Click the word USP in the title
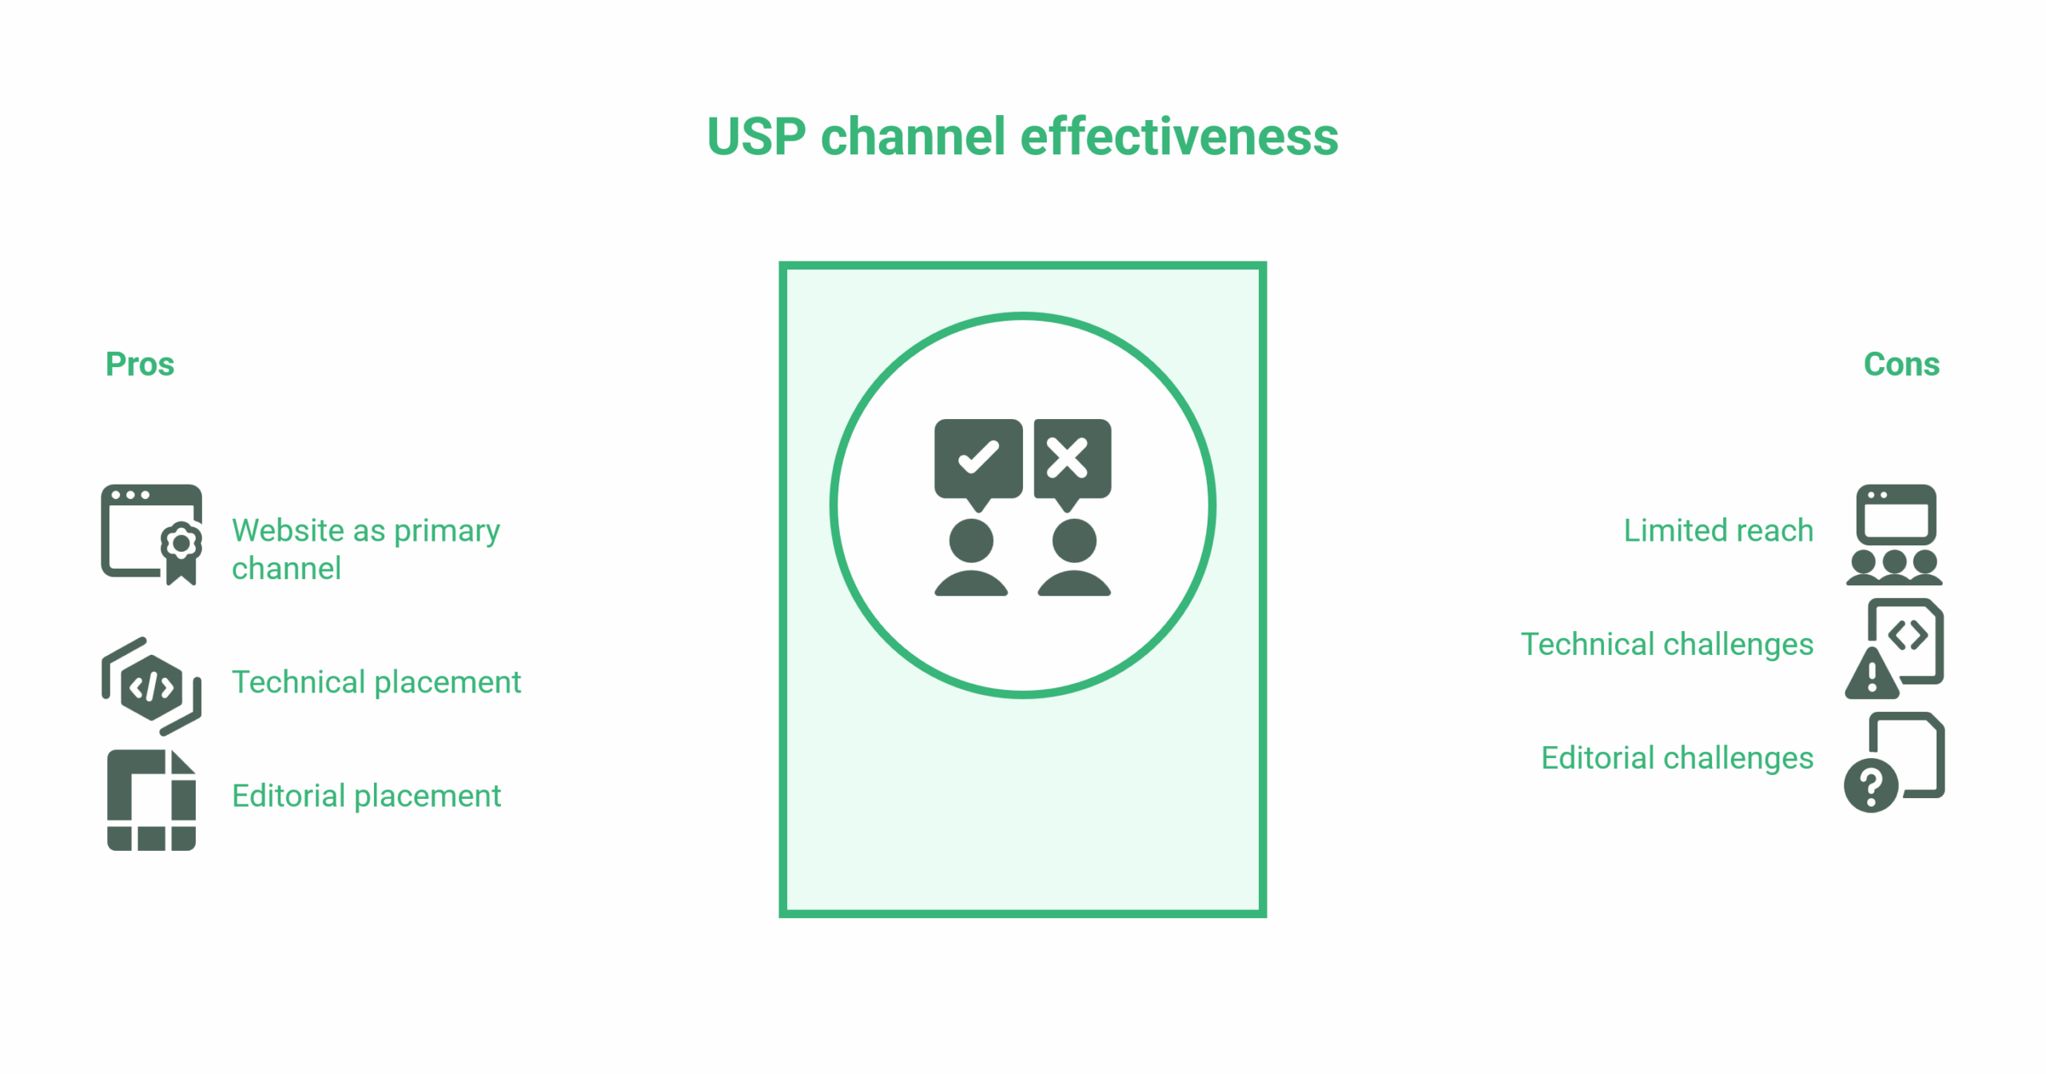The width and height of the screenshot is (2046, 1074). tap(756, 137)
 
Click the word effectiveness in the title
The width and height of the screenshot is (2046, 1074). tap(1179, 137)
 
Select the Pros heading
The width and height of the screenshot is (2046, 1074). tap(140, 365)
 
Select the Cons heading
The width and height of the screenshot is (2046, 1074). tap(1901, 365)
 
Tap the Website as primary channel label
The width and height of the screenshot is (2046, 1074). tap(365, 549)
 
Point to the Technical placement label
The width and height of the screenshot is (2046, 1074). tap(376, 682)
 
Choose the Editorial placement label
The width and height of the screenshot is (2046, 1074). tap(366, 796)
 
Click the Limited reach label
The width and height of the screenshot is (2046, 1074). tap(1718, 530)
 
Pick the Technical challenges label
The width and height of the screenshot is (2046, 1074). tap(1666, 644)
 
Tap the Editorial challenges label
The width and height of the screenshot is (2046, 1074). tap(1677, 757)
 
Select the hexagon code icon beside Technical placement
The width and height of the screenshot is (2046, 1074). tap(151, 686)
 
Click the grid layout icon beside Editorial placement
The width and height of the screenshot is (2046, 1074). tap(151, 800)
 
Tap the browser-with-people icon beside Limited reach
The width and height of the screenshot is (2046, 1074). tap(1895, 534)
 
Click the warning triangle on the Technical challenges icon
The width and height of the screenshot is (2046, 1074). tap(1871, 675)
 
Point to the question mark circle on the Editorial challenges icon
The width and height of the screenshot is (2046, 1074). tap(1870, 786)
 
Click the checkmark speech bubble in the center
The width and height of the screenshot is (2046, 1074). tap(978, 460)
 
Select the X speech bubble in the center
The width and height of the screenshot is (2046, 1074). tap(1072, 460)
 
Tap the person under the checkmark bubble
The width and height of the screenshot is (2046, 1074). tap(971, 558)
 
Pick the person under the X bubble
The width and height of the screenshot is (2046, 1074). tap(1074, 558)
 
